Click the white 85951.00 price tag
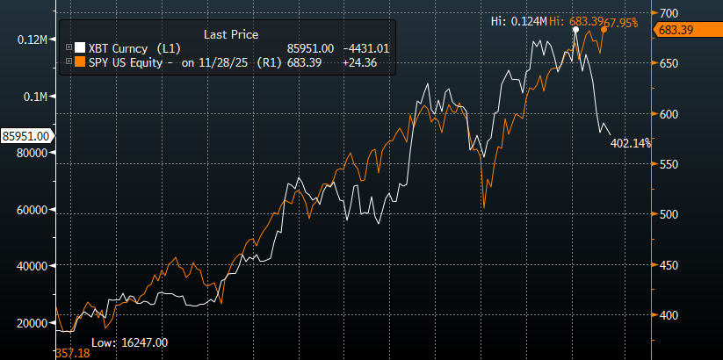[25, 136]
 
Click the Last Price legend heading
[230, 33]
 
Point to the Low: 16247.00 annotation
[129, 342]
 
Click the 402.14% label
[631, 143]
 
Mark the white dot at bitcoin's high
[575, 30]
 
